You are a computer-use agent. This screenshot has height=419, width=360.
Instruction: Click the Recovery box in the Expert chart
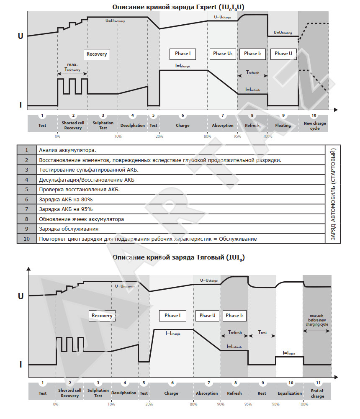coord(97,54)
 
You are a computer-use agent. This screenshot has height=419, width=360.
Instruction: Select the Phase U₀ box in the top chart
coord(222,54)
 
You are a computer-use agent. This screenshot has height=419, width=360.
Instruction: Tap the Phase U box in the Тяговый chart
coord(208,316)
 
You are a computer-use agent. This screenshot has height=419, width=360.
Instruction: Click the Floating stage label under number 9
coord(283,126)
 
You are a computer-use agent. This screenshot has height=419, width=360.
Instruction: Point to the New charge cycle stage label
coord(315,126)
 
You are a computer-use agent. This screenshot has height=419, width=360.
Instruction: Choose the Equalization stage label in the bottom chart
coord(290,393)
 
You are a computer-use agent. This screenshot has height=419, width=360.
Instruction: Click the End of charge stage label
coord(317,393)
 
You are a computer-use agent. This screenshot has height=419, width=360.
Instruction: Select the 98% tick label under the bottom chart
coord(276,404)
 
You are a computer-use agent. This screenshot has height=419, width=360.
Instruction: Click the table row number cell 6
coord(27,199)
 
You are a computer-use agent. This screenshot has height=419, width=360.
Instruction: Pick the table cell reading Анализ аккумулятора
coord(67,150)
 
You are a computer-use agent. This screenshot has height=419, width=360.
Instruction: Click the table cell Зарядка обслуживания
coord(69,229)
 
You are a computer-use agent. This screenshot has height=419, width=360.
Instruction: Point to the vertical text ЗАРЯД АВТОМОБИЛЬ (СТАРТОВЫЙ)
coord(334,194)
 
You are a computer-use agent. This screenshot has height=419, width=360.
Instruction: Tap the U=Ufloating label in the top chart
coord(283,32)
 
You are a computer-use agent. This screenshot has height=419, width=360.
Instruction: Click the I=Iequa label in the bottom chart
coord(289,353)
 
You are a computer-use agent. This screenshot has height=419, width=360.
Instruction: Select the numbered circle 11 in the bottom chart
coord(318,383)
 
